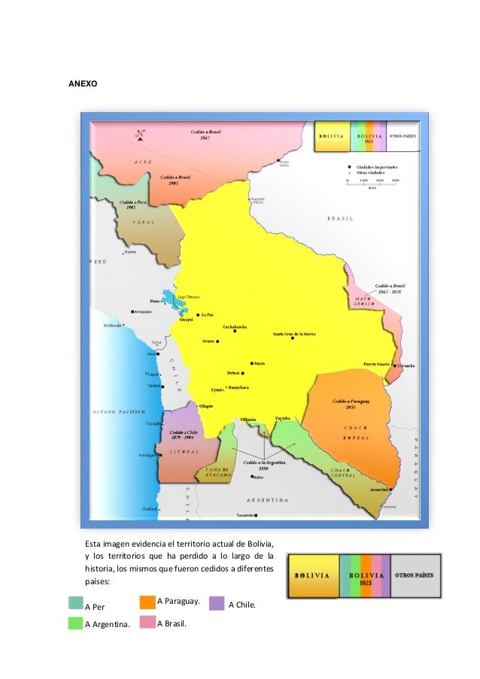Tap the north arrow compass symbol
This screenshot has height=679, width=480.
pyautogui.click(x=140, y=135)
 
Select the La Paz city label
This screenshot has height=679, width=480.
pyautogui.click(x=207, y=314)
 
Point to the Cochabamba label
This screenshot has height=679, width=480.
pyautogui.click(x=235, y=327)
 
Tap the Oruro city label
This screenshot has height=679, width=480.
pyautogui.click(x=208, y=341)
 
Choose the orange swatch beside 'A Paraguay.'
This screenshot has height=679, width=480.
pyautogui.click(x=147, y=602)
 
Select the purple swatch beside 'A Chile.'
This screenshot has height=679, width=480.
pyautogui.click(x=217, y=603)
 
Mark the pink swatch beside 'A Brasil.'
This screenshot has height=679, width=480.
pyautogui.click(x=147, y=623)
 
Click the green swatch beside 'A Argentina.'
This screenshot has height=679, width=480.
pyautogui.click(x=75, y=623)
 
